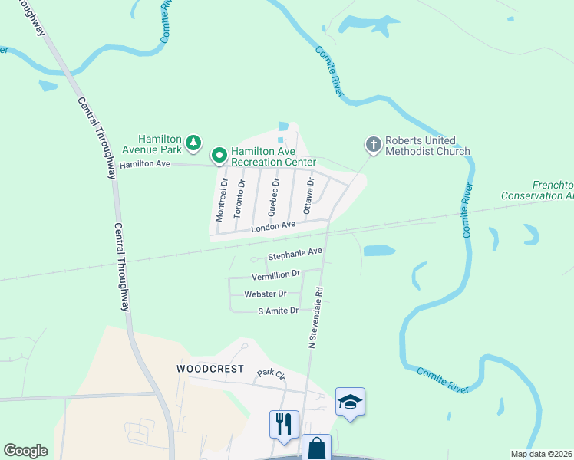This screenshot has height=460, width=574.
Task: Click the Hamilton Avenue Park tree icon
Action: [194, 142]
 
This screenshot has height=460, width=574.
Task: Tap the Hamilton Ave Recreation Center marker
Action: [218, 156]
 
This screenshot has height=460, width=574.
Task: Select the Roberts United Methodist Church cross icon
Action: [373, 143]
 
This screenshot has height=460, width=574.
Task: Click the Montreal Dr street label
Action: [222, 201]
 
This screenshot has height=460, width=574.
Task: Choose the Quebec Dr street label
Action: [273, 195]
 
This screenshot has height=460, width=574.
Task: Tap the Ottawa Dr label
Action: [308, 194]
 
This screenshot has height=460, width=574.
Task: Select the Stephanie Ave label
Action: [295, 252]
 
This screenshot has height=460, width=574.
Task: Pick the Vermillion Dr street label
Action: [275, 274]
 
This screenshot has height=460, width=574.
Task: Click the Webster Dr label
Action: [265, 294]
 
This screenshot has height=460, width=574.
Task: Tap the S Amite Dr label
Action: [277, 310]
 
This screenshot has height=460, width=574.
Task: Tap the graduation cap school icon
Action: [350, 402]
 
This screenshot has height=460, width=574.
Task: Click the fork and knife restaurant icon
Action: [284, 424]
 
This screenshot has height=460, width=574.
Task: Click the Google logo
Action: [25, 451]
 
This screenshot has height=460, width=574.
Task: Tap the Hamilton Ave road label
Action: [144, 164]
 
